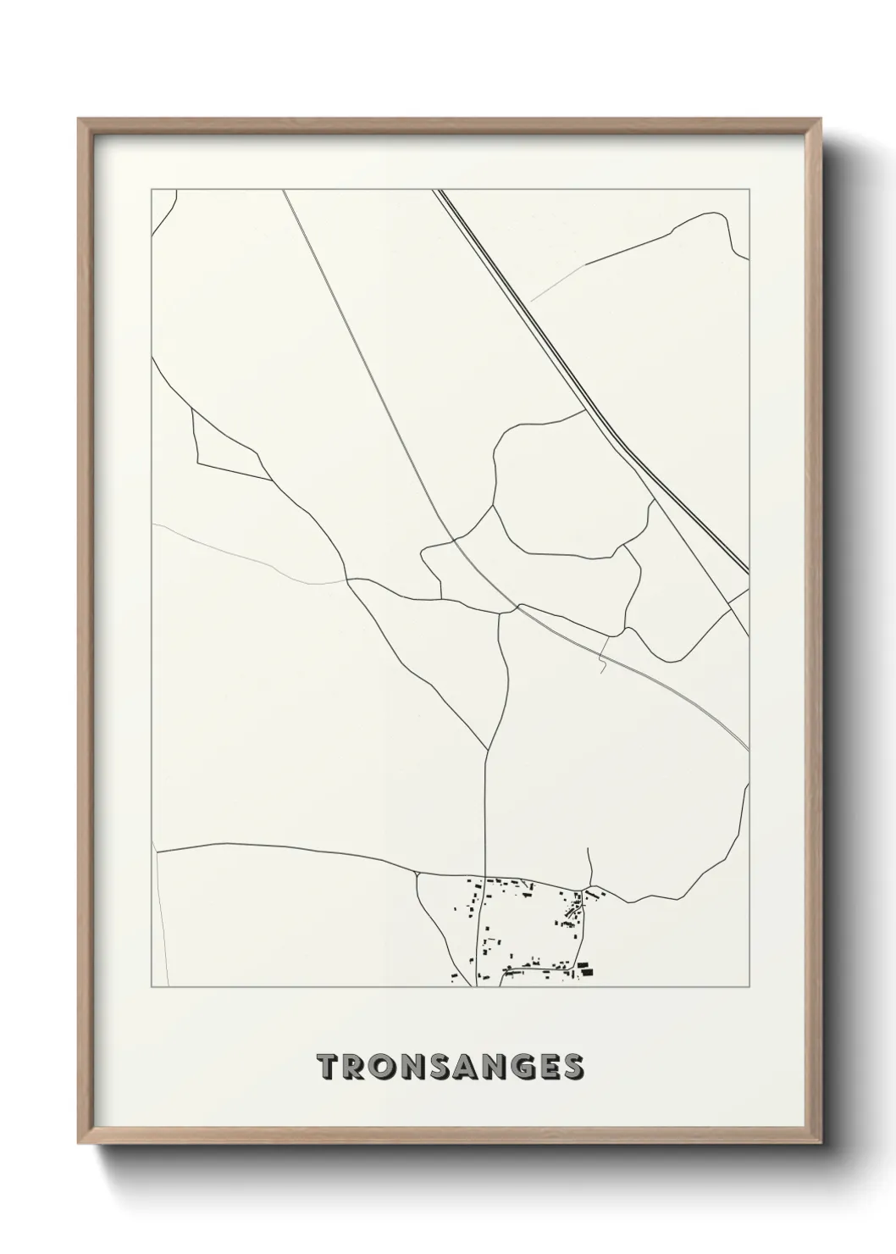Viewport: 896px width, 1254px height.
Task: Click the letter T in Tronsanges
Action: point(326,1067)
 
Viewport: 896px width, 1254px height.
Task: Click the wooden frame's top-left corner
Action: point(79,120)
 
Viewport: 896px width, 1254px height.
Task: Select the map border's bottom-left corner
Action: point(152,987)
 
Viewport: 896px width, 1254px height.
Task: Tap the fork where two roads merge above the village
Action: point(488,749)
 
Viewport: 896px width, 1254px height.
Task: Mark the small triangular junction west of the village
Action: point(417,871)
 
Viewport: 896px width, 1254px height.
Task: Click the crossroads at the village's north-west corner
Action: point(484,877)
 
